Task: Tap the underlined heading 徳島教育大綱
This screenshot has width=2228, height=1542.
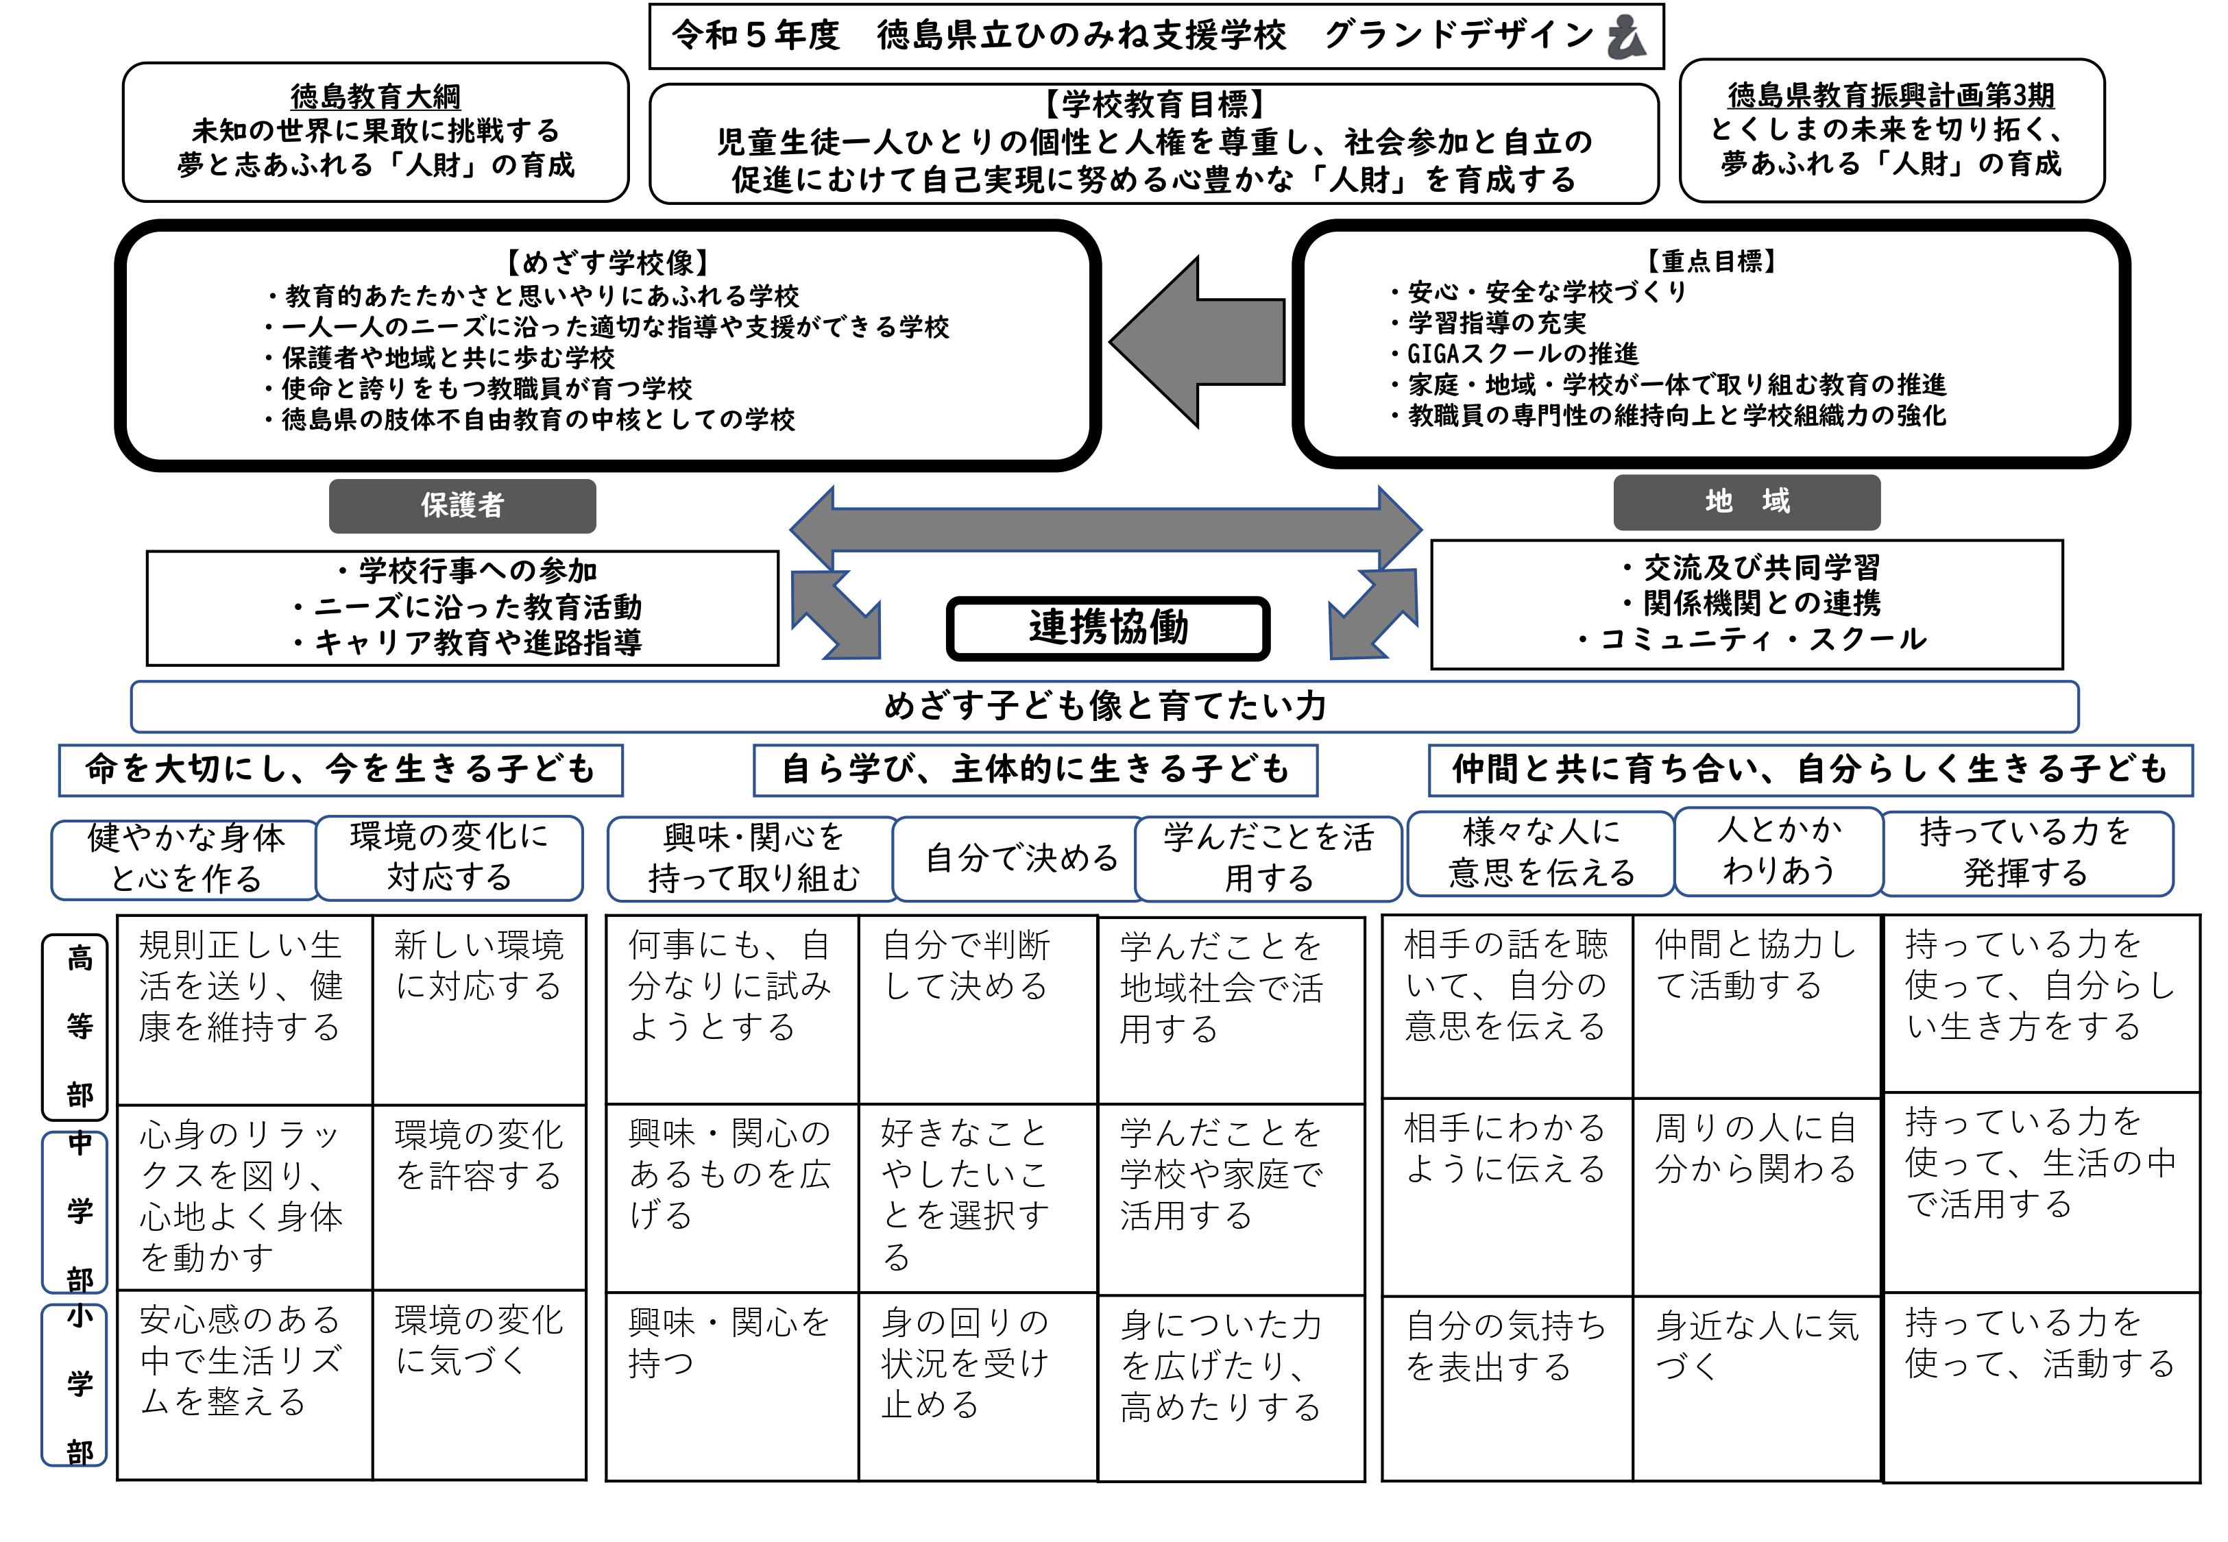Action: point(375,97)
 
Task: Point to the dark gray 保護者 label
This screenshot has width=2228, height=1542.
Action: point(462,505)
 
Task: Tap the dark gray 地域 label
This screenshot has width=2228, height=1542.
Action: point(1746,502)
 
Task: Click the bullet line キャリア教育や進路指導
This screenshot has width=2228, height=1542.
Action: point(468,643)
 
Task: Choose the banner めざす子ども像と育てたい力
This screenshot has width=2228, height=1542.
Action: point(1104,707)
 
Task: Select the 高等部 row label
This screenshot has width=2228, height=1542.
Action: point(80,1026)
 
